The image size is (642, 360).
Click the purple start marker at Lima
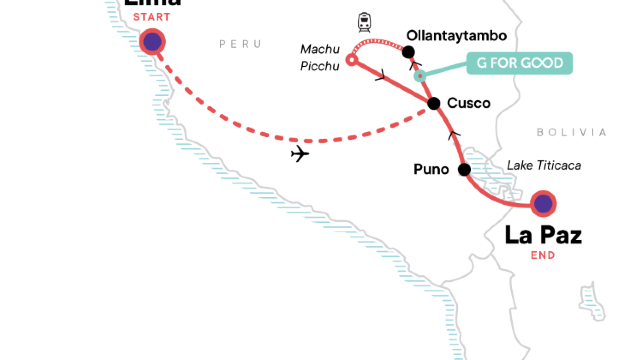point(152,41)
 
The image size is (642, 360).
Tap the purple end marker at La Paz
point(542,204)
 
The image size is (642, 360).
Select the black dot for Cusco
point(433,103)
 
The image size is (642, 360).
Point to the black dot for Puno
point(464,170)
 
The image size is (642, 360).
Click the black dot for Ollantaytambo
point(408,51)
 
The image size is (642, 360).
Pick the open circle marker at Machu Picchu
point(351,60)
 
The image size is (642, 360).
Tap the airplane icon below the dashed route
point(298,153)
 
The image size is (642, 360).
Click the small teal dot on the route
point(420,76)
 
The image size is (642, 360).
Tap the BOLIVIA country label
point(571,132)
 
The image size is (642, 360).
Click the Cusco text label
point(469,103)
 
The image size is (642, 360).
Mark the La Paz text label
point(543,236)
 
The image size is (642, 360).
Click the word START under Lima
point(151,18)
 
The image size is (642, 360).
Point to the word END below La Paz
point(543,255)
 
